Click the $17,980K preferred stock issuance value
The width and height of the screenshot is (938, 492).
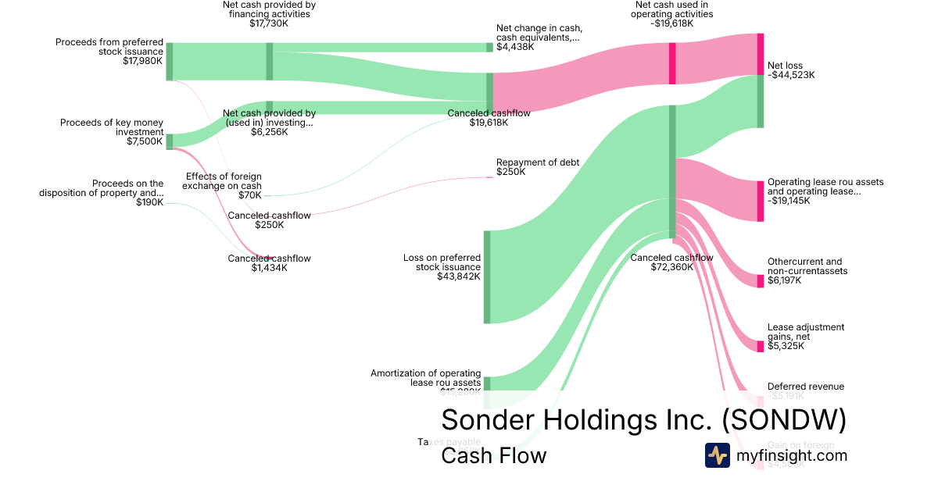[x=143, y=62]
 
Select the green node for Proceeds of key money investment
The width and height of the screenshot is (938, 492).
[x=170, y=141]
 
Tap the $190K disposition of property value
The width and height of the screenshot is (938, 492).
[x=149, y=202]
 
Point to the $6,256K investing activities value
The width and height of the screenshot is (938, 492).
[x=269, y=132]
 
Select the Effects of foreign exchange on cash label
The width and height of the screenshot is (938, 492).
[x=224, y=181]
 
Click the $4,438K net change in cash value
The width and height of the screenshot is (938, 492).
[x=515, y=47]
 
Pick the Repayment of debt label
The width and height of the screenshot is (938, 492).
[x=538, y=162]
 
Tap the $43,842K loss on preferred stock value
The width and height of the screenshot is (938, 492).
[x=459, y=276]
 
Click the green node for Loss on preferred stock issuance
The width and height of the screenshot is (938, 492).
[x=486, y=276]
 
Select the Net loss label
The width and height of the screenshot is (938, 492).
[x=785, y=66]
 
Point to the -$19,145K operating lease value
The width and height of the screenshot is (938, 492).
[x=789, y=201]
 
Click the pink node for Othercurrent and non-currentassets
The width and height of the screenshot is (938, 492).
[x=760, y=281]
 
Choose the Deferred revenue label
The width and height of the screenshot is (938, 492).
[x=805, y=387]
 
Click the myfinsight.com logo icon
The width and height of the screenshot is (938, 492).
[x=717, y=455]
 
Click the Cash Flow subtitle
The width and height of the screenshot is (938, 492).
[x=493, y=455]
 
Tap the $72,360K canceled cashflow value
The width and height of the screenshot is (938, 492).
[x=672, y=267]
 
